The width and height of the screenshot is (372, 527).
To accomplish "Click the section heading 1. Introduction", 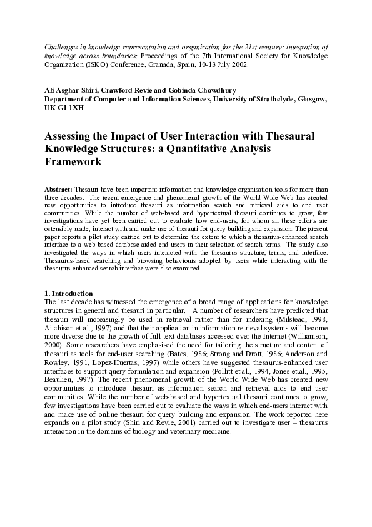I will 68,293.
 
